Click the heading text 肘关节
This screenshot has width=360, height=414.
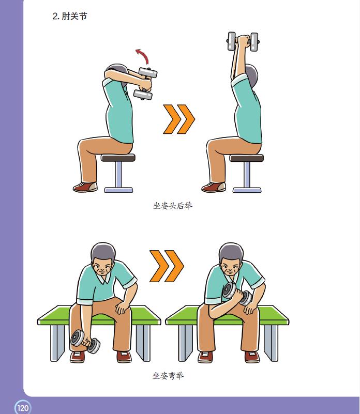click(74, 17)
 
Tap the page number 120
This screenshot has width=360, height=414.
click(23, 408)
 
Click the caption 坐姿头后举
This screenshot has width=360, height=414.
click(173, 206)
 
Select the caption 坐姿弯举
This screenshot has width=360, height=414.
click(168, 375)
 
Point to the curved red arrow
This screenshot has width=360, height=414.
click(144, 55)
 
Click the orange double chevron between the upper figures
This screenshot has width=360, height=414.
click(179, 119)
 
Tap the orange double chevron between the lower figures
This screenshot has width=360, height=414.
click(167, 266)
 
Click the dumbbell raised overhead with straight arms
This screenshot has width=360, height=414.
click(243, 41)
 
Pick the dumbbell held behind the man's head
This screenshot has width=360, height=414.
click(145, 83)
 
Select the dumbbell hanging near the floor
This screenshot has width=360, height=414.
click(85, 342)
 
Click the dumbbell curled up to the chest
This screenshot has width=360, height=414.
click(237, 294)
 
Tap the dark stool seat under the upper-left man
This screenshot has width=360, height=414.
click(118, 158)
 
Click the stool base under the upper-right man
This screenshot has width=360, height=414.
click(247, 190)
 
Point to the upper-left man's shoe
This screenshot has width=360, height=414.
click(85, 187)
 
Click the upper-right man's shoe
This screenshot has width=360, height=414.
click(214, 187)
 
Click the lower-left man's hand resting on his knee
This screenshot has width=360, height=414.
click(122, 308)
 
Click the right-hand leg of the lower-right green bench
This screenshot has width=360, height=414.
click(271, 343)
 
